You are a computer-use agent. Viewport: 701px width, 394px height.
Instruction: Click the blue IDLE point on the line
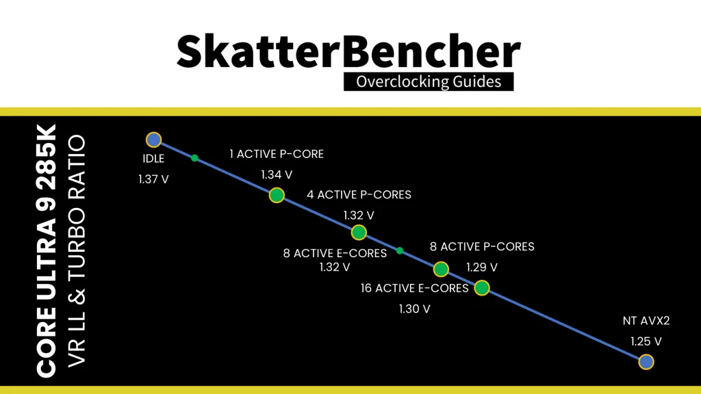(x=153, y=140)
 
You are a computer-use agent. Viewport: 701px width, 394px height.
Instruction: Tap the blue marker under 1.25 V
(x=646, y=361)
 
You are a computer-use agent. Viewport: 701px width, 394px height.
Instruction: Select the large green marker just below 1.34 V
(x=276, y=195)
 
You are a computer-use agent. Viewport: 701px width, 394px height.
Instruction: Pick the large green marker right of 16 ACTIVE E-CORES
(x=482, y=287)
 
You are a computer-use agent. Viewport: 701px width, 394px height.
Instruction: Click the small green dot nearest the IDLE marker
(x=194, y=158)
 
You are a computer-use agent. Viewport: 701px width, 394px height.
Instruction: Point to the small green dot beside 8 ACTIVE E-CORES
(x=400, y=250)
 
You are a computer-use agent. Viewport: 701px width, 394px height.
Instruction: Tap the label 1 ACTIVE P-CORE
(x=277, y=154)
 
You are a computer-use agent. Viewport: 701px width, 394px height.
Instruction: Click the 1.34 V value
(x=276, y=175)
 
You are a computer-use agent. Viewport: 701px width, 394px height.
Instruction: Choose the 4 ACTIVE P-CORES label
(x=359, y=194)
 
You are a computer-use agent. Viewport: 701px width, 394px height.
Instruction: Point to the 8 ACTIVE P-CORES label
(x=482, y=246)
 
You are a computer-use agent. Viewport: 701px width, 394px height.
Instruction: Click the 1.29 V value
(x=481, y=267)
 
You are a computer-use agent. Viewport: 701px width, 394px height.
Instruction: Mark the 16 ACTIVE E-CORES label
(x=414, y=288)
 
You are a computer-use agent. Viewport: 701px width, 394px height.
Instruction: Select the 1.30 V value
(x=414, y=308)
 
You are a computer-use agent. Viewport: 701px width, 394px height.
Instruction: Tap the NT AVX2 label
(x=646, y=320)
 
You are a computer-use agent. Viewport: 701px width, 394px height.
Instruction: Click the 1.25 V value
(x=646, y=341)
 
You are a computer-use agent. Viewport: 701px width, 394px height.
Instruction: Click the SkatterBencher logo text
(x=349, y=51)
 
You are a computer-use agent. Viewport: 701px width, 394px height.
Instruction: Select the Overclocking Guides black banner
(x=428, y=81)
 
